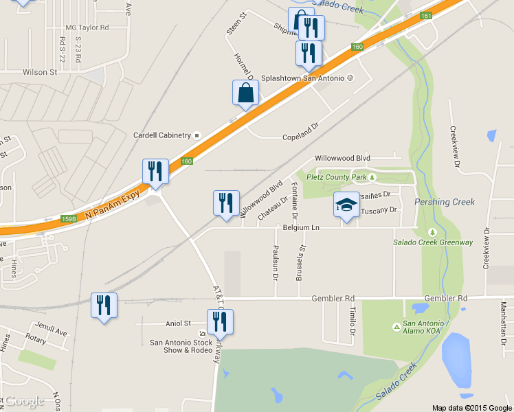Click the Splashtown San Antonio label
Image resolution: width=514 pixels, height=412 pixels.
tap(302, 78)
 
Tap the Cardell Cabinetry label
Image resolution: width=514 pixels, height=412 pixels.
tap(162, 135)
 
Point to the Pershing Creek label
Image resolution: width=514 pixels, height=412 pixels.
tap(445, 202)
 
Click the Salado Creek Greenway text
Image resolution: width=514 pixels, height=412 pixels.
tap(432, 242)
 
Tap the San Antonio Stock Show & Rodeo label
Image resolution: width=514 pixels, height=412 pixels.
tap(181, 346)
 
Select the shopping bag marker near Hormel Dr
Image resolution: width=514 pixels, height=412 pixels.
tap(246, 93)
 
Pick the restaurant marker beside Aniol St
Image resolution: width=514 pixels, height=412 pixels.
tap(220, 321)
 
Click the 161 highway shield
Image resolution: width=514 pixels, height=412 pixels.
tap(427, 16)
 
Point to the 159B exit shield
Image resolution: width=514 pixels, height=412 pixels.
tap(69, 219)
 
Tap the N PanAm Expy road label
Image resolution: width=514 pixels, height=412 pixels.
tap(113, 205)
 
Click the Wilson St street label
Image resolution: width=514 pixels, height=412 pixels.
tap(39, 71)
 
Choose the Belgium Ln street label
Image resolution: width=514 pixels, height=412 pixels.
tap(301, 227)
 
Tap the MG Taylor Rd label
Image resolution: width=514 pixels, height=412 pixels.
tap(87, 27)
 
